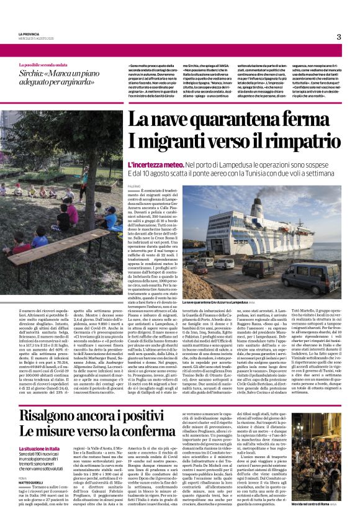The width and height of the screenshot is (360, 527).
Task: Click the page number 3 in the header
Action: coord(339,37)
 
